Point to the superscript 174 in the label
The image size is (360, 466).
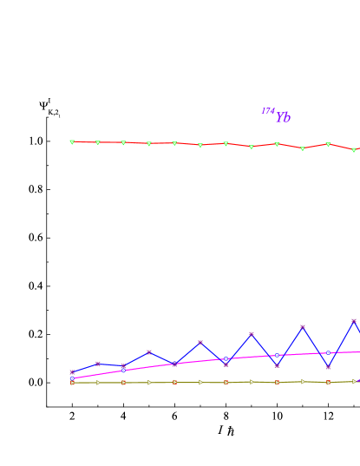point(268,111)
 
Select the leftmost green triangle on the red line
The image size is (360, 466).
point(72,141)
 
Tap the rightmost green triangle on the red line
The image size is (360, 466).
point(353,150)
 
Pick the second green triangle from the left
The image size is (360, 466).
point(97,142)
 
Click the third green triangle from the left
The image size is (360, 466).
point(123,143)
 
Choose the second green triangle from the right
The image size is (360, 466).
point(328,145)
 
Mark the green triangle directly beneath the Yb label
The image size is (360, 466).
point(277,144)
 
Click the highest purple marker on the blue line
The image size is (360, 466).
point(354,321)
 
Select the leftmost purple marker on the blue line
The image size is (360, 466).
point(72,372)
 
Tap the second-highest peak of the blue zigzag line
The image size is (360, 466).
point(303,327)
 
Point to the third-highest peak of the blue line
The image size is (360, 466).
point(252,334)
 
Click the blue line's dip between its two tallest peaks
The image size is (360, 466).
point(328,366)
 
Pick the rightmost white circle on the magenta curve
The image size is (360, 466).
point(328,353)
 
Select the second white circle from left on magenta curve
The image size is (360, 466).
point(123,371)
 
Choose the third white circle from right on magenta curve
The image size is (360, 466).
point(226,358)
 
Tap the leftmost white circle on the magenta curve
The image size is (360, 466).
point(72,378)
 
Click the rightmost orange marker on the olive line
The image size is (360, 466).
point(328,383)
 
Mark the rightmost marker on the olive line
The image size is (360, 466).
point(354,381)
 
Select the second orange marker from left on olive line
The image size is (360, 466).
point(174,382)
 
